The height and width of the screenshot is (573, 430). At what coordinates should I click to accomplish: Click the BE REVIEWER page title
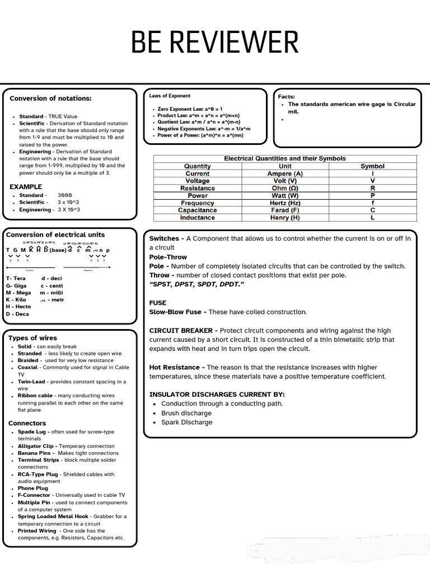[214, 43]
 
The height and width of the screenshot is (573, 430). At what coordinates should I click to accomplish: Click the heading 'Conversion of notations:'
[50, 98]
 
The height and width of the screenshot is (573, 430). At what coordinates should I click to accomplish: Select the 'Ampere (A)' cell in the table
[284, 174]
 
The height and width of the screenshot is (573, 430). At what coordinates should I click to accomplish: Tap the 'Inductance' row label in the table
[197, 218]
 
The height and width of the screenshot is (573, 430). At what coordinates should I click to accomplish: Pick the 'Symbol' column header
[372, 166]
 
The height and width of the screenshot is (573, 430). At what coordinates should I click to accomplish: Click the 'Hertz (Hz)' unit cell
[284, 203]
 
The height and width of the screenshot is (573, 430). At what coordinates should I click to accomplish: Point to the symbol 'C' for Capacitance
[372, 210]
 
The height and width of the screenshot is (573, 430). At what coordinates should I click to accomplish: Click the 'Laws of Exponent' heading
[170, 96]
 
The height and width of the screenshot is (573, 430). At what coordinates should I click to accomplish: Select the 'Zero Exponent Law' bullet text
[190, 109]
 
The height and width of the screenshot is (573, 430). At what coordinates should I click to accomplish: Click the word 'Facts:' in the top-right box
[286, 97]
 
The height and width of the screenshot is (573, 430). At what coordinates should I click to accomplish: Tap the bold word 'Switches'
[163, 238]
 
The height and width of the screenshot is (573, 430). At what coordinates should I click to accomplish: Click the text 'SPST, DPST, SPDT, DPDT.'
[197, 284]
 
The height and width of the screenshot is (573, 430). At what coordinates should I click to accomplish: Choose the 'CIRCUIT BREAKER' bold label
[184, 331]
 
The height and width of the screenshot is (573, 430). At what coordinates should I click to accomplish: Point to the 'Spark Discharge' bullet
[186, 422]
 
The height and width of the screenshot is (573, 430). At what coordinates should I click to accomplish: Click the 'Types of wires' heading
[32, 338]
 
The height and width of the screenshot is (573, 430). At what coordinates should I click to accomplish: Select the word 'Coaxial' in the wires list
[28, 368]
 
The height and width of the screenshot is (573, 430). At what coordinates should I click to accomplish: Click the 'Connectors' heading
[27, 423]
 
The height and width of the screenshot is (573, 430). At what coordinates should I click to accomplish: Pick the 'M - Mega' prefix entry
[18, 293]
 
